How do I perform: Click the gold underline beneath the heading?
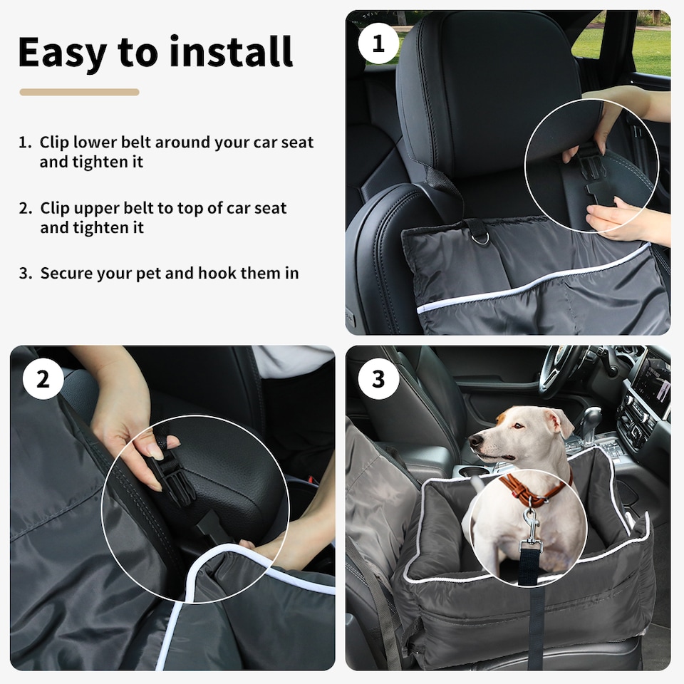(79, 92)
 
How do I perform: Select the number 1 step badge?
(378, 43)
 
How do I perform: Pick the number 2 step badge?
(43, 379)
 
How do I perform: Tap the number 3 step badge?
(378, 379)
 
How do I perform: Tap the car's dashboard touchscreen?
(652, 385)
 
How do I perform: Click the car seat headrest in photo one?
(484, 85)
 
